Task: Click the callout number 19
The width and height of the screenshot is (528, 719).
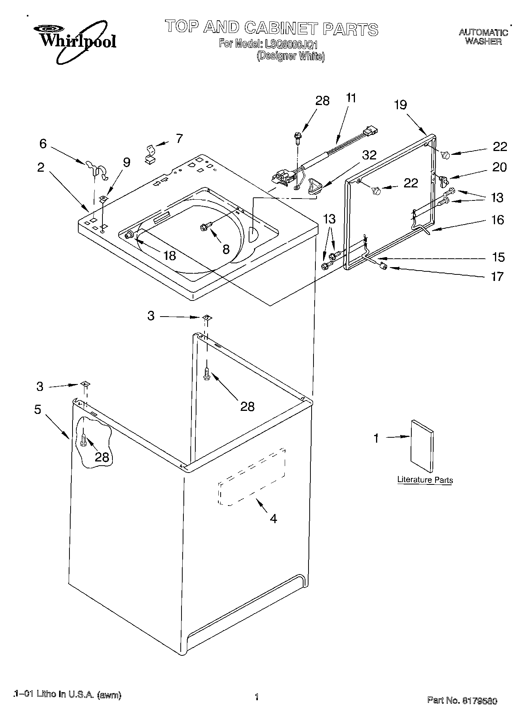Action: pyautogui.click(x=400, y=105)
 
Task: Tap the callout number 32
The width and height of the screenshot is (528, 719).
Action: pyautogui.click(x=369, y=155)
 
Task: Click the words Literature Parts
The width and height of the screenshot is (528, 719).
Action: pyautogui.click(x=425, y=479)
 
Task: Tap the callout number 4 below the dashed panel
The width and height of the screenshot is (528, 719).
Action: pyautogui.click(x=273, y=519)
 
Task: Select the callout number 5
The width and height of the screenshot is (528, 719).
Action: pyautogui.click(x=38, y=409)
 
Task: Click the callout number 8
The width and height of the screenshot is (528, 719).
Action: pyautogui.click(x=226, y=250)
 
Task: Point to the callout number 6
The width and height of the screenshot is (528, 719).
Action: pyautogui.click(x=43, y=144)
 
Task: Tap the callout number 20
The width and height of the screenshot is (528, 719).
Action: pyautogui.click(x=499, y=167)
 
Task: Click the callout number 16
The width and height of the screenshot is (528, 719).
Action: pyautogui.click(x=498, y=220)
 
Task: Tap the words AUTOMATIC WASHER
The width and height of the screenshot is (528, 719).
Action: pyautogui.click(x=483, y=37)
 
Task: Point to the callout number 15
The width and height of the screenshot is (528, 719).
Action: pyautogui.click(x=498, y=257)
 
